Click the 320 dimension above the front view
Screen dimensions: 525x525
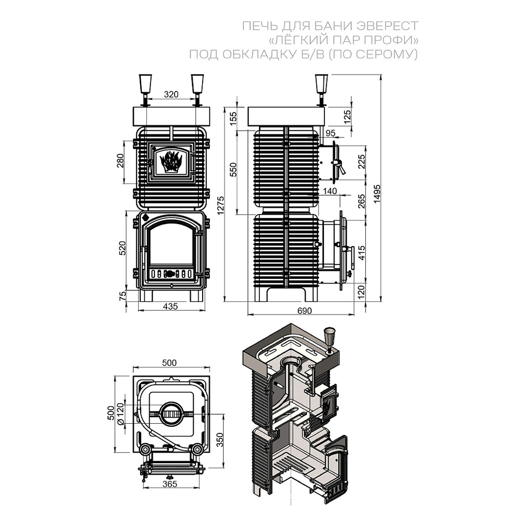[171, 94]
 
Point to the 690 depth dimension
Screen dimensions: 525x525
[304, 311]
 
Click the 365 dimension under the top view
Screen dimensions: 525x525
[169, 484]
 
